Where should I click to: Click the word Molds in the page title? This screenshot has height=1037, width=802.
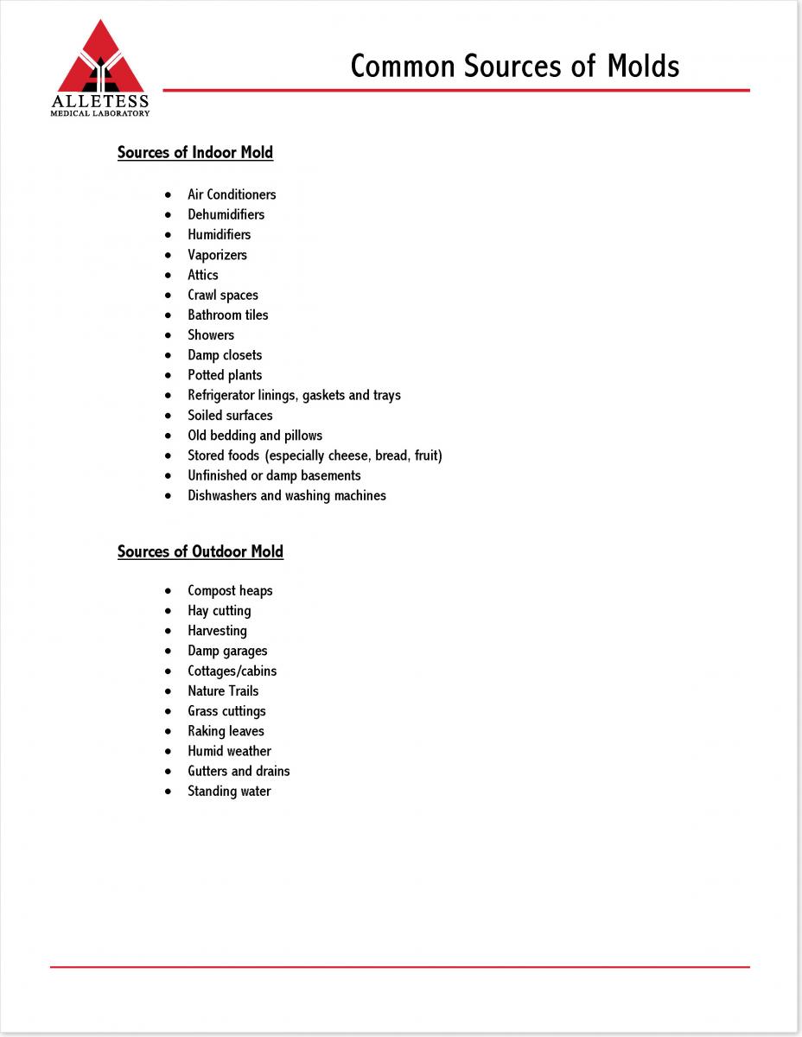pos(642,67)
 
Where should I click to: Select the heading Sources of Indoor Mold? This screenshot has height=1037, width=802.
pos(195,153)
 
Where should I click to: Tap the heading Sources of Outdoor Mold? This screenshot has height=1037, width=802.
pos(200,552)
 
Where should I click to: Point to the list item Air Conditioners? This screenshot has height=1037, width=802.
pos(232,194)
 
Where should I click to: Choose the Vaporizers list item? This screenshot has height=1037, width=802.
pos(217,255)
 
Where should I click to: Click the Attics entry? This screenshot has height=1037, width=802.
pos(203,275)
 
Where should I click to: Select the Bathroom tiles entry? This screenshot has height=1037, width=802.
pos(228,315)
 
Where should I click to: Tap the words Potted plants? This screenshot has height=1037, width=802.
pos(225,375)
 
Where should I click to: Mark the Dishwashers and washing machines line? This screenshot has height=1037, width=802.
pos(287,496)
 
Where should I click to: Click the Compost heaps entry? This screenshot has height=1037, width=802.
pos(230,591)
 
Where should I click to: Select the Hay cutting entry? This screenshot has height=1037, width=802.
pos(220,611)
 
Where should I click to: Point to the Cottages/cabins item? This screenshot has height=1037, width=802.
pos(232,671)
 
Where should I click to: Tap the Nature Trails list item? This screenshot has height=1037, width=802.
pos(223,691)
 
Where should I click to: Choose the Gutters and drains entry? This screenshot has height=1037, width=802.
pos(239,772)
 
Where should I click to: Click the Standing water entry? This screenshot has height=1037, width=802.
pos(229,792)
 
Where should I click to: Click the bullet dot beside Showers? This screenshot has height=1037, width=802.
pos(168,335)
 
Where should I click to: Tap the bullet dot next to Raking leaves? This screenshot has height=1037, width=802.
pos(168,732)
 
